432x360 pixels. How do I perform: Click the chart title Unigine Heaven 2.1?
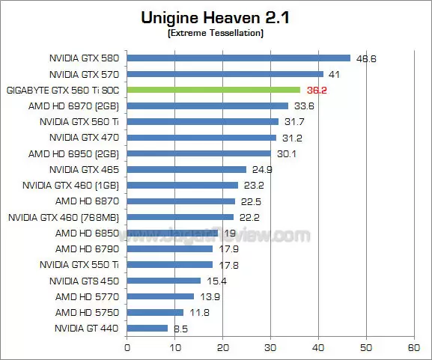pyautogui.click(x=216, y=16)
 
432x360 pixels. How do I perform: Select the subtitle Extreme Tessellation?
pyautogui.click(x=216, y=33)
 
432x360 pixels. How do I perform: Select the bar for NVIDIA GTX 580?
pyautogui.click(x=239, y=58)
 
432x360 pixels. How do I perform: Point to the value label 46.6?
pyautogui.click(x=367, y=58)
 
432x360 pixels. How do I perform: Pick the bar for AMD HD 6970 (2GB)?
pyautogui.click(x=207, y=106)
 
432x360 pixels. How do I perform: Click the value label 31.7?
pyautogui.click(x=295, y=121)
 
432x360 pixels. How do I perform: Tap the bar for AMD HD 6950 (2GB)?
pyautogui.click(x=199, y=153)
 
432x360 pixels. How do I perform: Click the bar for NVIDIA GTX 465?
pyautogui.click(x=186, y=169)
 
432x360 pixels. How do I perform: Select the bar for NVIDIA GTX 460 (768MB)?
pyautogui.click(x=180, y=217)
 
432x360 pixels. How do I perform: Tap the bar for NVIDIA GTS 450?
pyautogui.click(x=164, y=280)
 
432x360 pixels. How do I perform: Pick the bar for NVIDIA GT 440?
pyautogui.click(x=147, y=328)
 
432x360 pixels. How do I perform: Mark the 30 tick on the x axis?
pyautogui.click(x=270, y=347)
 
